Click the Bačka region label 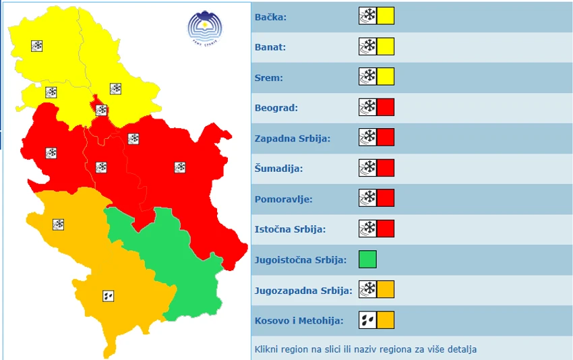(x=271, y=17)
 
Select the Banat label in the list (x=270, y=47)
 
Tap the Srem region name (x=269, y=78)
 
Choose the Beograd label (x=276, y=108)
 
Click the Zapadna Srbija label (x=293, y=138)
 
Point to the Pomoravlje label (x=284, y=199)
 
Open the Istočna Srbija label (x=291, y=229)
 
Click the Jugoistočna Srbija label (x=301, y=260)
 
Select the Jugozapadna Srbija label (x=303, y=290)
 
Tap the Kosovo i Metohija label (x=299, y=320)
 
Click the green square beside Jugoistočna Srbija (x=367, y=260)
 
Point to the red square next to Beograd (x=385, y=107)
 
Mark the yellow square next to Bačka (x=385, y=16)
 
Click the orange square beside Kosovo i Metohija (x=385, y=320)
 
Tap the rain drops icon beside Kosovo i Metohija (x=367, y=320)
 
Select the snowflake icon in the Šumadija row (x=367, y=168)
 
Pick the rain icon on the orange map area (x=108, y=295)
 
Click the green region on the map (x=182, y=263)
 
